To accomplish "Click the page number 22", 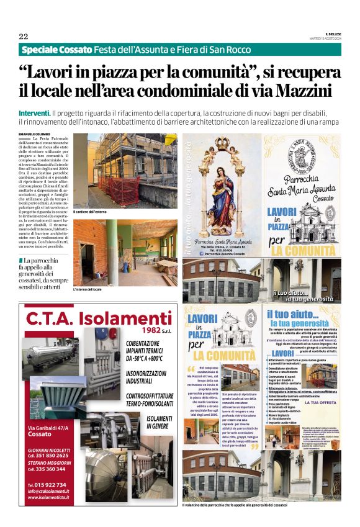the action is click(x=24, y=36).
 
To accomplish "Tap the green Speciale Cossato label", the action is click(x=56, y=49).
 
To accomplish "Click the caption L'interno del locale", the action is click(x=86, y=289).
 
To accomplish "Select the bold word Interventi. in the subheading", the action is click(x=35, y=114).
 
